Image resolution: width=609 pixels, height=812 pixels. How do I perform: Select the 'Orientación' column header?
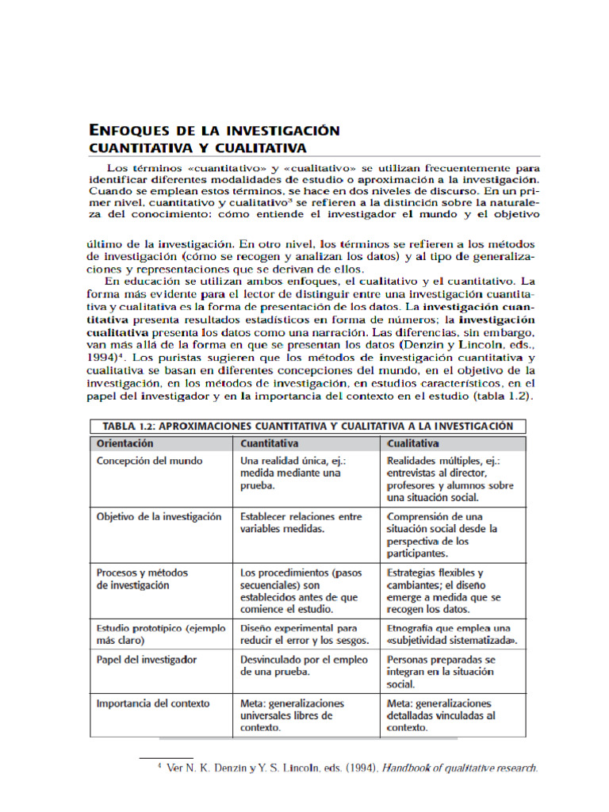124,443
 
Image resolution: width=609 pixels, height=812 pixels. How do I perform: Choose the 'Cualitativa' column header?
412,443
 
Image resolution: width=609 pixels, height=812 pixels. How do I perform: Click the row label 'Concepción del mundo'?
149,461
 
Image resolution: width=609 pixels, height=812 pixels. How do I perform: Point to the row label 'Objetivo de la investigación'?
159,516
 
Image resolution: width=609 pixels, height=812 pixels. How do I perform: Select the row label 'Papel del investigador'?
146,659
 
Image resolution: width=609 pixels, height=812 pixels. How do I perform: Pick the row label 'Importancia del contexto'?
152,703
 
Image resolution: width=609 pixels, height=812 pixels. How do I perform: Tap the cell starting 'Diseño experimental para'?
304,634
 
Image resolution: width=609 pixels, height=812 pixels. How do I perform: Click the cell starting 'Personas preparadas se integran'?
440,671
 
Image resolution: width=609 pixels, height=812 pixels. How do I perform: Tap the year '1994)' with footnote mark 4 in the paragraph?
103,358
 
